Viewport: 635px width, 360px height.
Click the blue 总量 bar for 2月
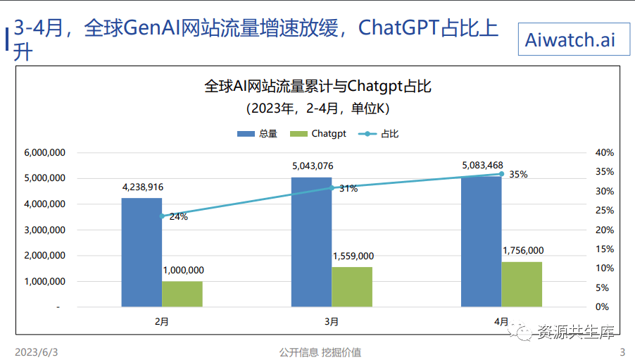(142, 252)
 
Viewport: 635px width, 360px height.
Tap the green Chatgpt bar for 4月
(522, 284)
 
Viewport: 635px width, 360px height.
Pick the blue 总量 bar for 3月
(311, 242)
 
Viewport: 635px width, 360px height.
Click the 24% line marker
(162, 216)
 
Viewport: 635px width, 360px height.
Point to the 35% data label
(518, 175)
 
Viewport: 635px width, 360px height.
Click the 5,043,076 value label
(313, 166)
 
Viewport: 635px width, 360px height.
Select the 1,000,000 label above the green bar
(183, 270)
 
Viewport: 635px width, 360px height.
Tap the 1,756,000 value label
(522, 251)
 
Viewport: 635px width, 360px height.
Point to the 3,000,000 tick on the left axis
(45, 230)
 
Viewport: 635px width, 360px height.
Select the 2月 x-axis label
(162, 321)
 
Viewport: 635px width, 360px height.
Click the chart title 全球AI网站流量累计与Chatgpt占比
(317, 87)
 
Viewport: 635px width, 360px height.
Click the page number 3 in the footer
(622, 352)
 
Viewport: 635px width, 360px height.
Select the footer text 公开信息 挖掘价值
(320, 352)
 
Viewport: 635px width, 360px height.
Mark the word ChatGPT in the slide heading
(398, 28)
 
